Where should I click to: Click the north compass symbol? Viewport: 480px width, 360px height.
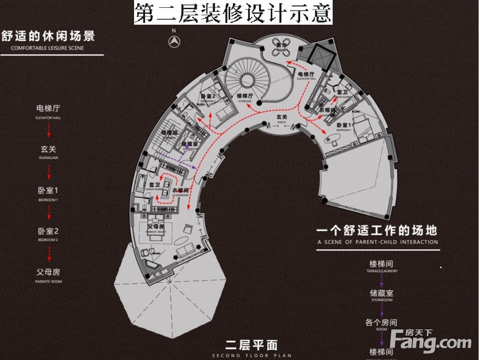[x=174, y=42]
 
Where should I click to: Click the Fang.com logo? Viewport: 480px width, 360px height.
[x=431, y=341]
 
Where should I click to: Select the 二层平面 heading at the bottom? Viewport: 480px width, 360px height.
[x=251, y=344]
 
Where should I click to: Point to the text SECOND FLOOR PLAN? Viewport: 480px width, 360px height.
[x=251, y=355]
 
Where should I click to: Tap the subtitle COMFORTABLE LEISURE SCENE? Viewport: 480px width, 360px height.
[x=48, y=48]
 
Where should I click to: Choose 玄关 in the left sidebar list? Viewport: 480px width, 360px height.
[x=48, y=149]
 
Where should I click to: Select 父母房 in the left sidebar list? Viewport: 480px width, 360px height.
[x=48, y=272]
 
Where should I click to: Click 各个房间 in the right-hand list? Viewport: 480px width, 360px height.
[x=381, y=322]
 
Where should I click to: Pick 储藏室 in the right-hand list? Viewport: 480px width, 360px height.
[x=381, y=293]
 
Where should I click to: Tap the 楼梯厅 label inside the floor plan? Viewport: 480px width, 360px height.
[x=244, y=96]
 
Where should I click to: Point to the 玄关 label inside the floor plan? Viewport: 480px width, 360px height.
[x=281, y=118]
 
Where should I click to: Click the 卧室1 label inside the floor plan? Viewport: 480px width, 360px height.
[x=344, y=125]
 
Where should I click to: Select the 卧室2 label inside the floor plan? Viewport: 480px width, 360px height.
[x=208, y=96]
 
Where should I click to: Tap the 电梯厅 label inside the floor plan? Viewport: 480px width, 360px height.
[x=306, y=74]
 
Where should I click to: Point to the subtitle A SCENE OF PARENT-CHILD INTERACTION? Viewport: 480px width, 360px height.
[x=378, y=242]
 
